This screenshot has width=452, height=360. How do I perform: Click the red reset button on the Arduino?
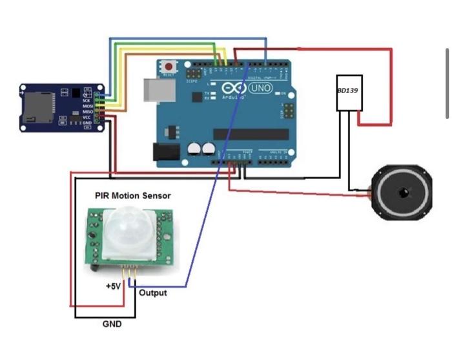coord(170,66)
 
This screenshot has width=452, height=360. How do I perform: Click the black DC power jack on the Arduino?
coord(164,151)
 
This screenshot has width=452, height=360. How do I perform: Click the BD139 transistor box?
coord(348,92)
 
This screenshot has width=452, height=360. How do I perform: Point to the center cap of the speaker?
coord(404,193)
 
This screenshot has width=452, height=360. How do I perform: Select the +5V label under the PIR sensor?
coord(113,286)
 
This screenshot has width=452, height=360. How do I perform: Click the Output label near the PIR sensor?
coord(153,293)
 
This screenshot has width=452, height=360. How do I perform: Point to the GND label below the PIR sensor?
coord(112,324)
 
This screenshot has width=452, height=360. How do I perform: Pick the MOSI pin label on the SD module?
coord(87,106)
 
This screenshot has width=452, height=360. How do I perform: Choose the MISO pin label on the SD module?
coord(87,111)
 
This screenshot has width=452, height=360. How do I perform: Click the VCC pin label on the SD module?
coord(87,117)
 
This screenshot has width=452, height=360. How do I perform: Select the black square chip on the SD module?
coord(78,93)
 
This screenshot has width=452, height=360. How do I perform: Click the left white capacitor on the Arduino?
coord(194,149)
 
